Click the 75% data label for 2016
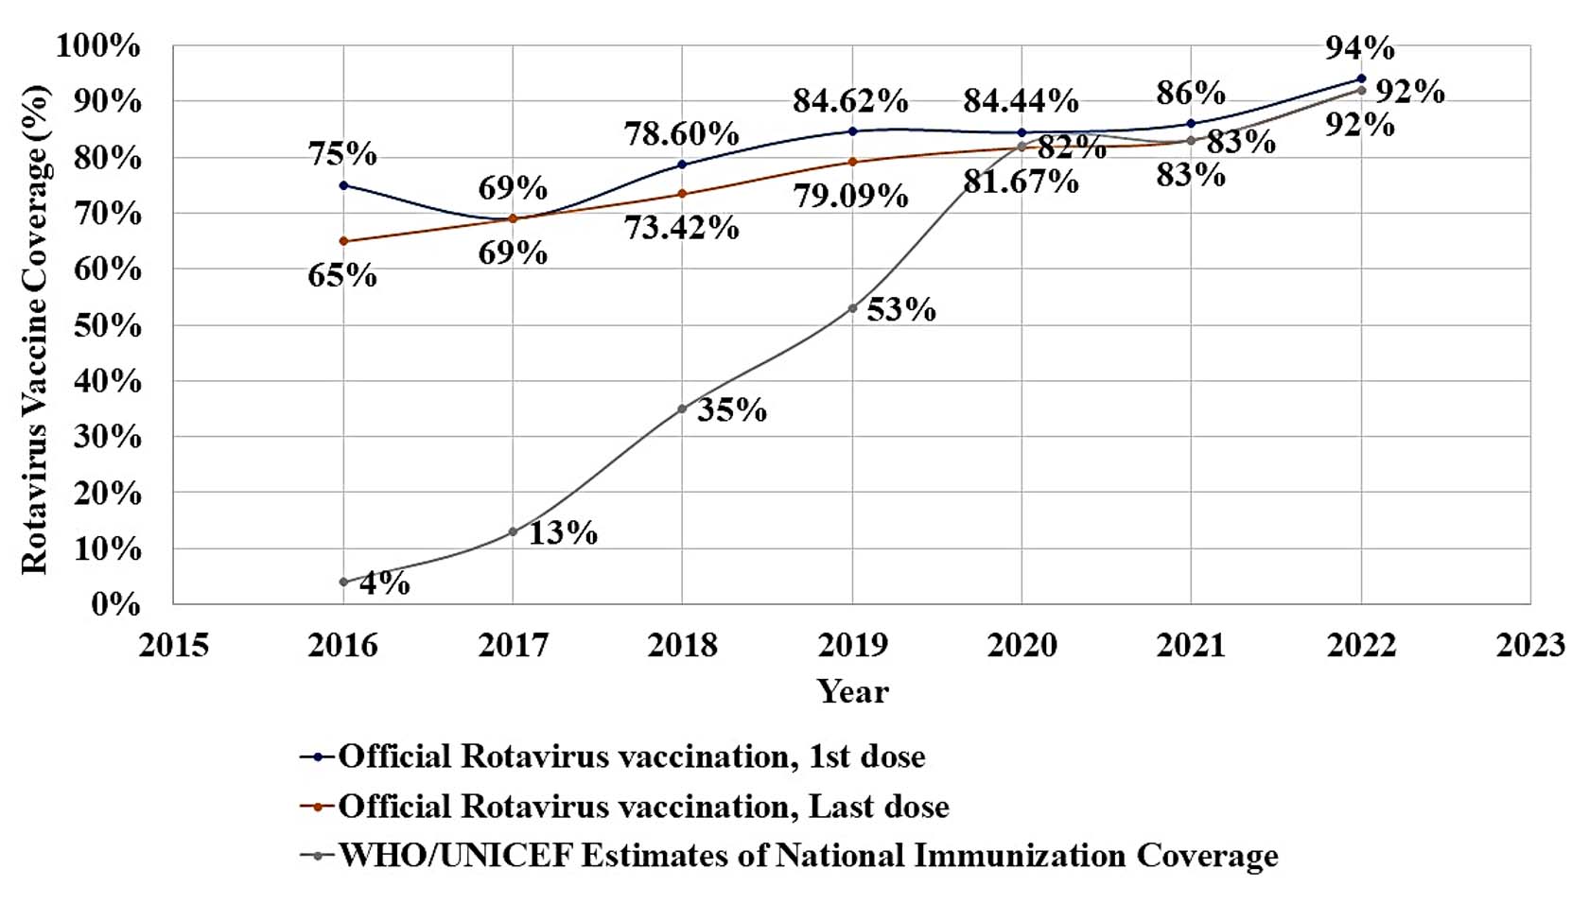click(x=342, y=153)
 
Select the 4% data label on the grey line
click(x=385, y=582)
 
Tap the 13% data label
click(x=563, y=533)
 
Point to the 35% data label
click(x=732, y=409)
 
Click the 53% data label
click(x=901, y=309)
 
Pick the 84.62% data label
click(x=850, y=100)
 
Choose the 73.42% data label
click(x=681, y=228)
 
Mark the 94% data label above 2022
click(x=1360, y=47)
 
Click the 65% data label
click(x=342, y=275)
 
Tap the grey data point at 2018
click(x=682, y=409)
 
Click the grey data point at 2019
click(x=852, y=308)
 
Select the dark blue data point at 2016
click(x=343, y=185)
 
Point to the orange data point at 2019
click(x=852, y=162)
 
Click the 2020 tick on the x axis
click(x=1021, y=645)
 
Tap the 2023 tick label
click(x=1530, y=645)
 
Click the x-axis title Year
click(x=852, y=691)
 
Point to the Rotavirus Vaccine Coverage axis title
click(x=34, y=328)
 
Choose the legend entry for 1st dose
click(x=630, y=756)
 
